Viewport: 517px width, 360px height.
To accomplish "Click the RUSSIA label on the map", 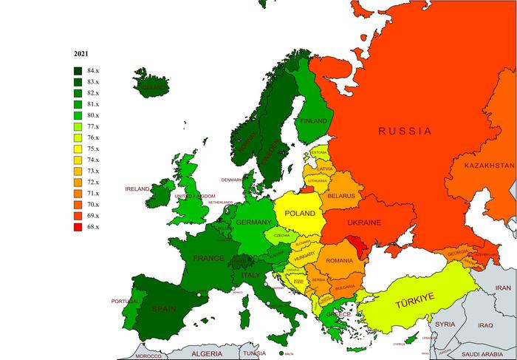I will tap(404, 131).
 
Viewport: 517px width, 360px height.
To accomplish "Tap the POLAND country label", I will tap(301, 213).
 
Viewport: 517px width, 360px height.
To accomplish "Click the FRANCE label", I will tap(208, 259).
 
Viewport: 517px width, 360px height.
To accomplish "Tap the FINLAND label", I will tap(313, 120).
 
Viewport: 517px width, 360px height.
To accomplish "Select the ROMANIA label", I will tap(339, 261).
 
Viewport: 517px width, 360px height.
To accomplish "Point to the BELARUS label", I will tap(342, 196).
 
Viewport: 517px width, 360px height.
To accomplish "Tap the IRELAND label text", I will tap(137, 189).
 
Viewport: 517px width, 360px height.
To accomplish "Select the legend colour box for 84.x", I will tap(77, 70).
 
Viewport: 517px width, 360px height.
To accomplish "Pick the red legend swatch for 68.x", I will tap(77, 226).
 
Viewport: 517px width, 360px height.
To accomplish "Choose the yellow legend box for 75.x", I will tap(77, 148).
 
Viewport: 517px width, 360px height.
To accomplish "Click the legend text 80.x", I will tap(92, 115).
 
